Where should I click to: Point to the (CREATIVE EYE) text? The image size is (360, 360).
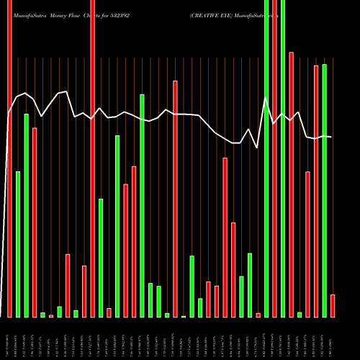coord(213,6)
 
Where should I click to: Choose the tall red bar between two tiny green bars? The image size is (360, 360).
coord(175,199)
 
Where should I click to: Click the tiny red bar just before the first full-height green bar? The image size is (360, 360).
coord(258,315)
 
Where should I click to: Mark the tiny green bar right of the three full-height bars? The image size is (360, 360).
coord(300,314)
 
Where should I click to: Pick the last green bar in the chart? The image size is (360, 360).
coord(324,190)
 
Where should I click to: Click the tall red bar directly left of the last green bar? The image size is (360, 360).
coord(316,191)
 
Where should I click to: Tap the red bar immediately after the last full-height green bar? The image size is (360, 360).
coord(291,184)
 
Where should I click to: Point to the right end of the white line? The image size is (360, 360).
coord(331,137)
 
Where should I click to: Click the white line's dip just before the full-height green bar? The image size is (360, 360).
coord(258,148)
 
